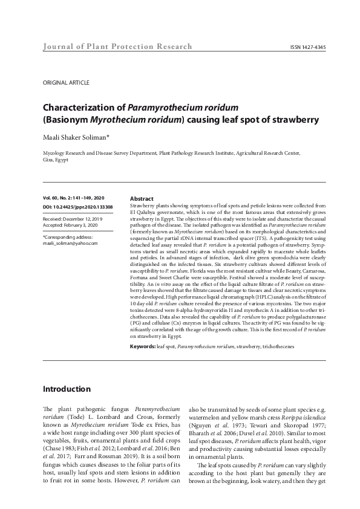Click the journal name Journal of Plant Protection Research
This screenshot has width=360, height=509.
coord(117,47)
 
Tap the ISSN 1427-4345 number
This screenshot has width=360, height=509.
coord(308,47)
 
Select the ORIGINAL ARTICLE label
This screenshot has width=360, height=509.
coord(66,82)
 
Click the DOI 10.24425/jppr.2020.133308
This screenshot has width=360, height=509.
coord(77,207)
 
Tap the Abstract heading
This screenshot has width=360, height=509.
coord(142,198)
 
